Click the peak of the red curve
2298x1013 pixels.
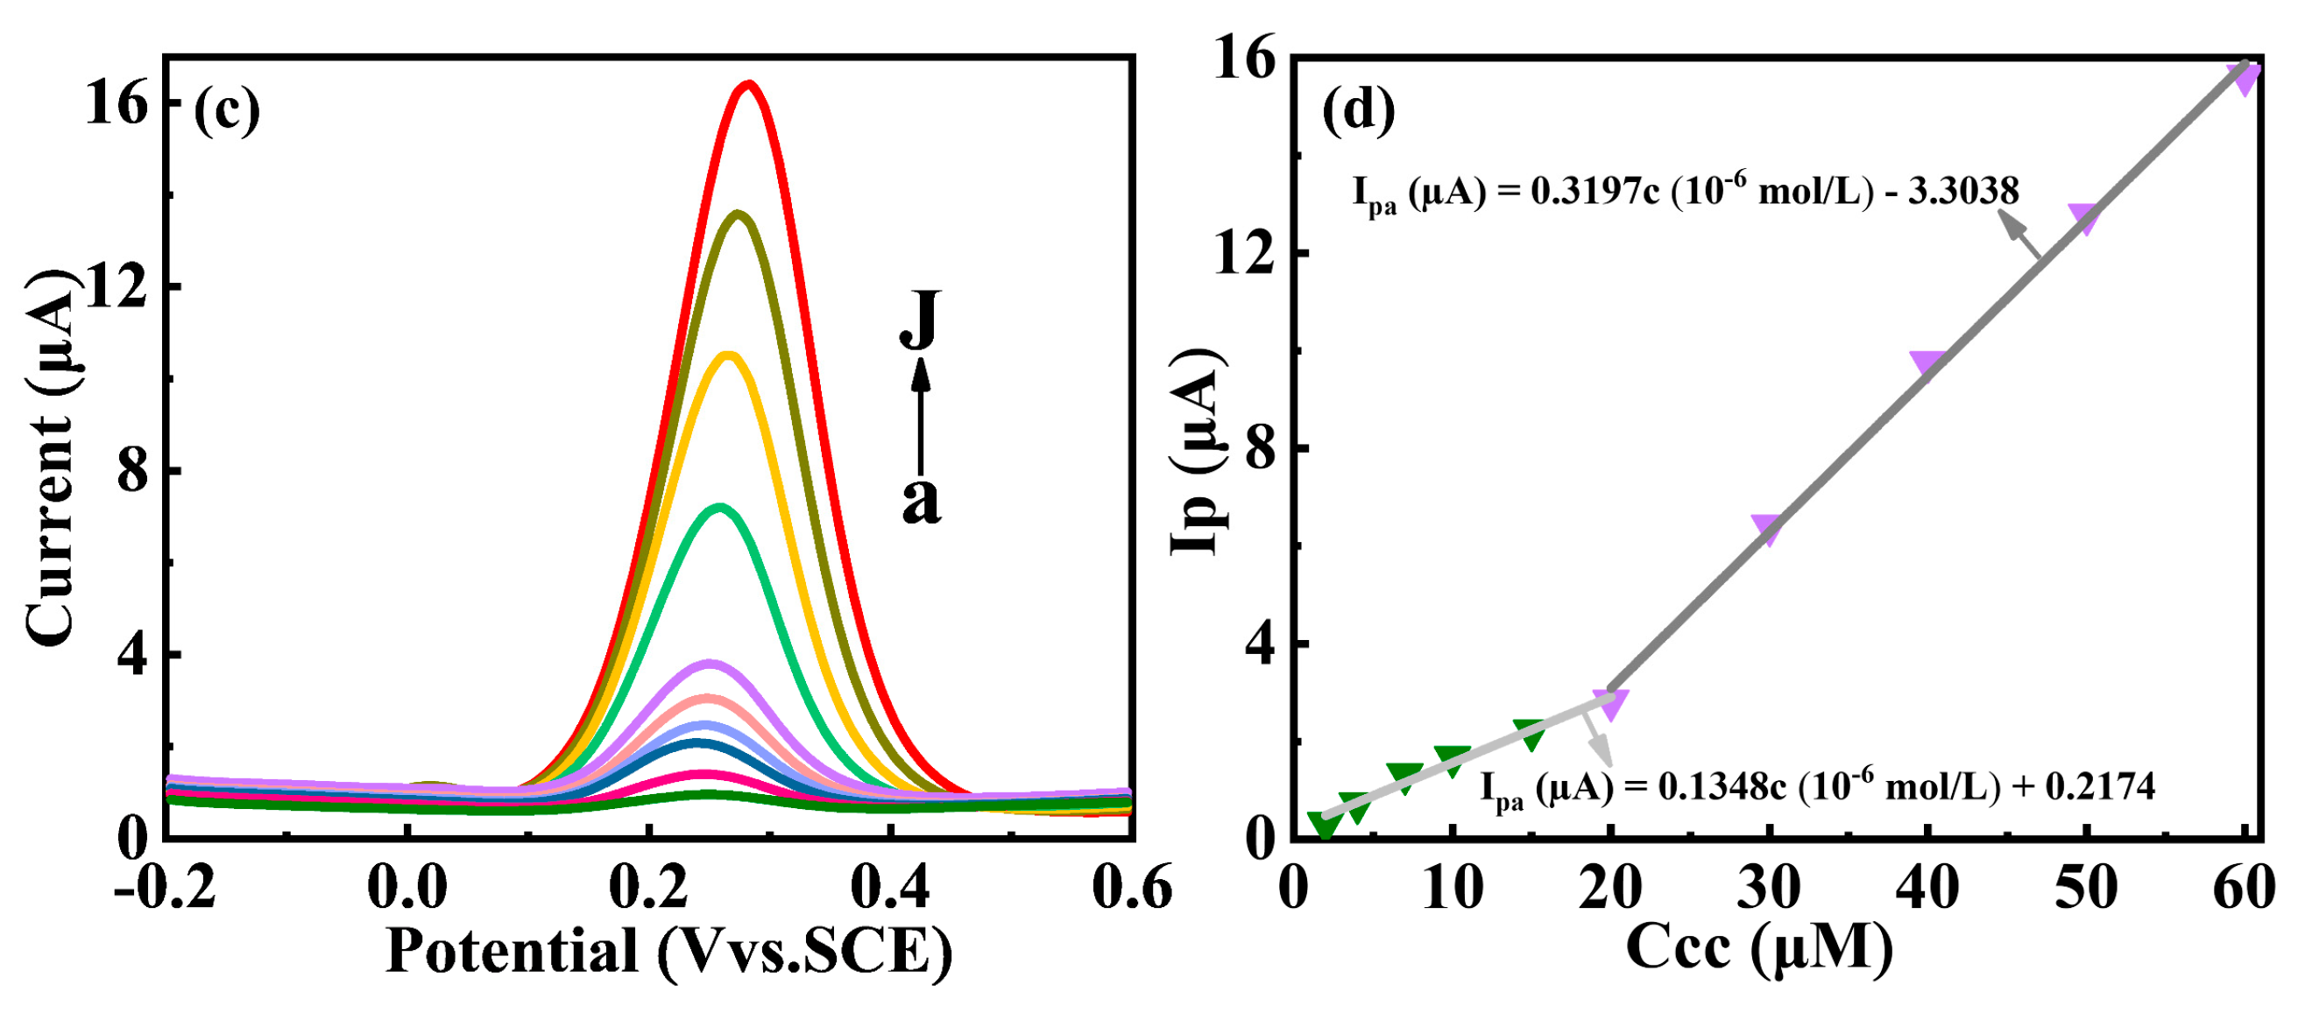pos(748,86)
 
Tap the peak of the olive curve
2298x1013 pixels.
pos(738,214)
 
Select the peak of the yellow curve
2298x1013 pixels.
pos(728,355)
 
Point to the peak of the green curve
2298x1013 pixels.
pos(719,509)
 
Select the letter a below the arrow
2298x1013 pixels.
pos(921,500)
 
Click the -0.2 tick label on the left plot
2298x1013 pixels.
pos(166,889)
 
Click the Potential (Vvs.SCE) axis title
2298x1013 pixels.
pos(669,952)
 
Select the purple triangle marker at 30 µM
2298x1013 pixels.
pos(1766,527)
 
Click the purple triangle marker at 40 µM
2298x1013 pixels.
pos(1927,363)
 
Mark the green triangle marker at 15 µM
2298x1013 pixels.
pos(1530,732)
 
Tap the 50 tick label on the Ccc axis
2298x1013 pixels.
pos(2086,889)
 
